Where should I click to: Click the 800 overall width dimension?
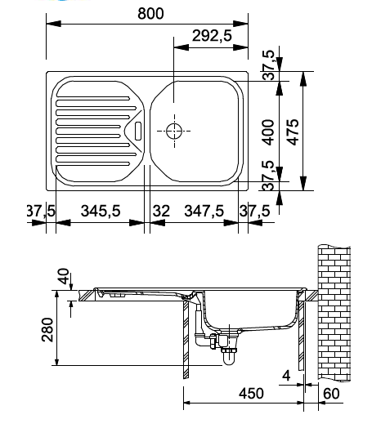coord(150,14)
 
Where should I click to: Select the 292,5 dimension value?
coord(212,36)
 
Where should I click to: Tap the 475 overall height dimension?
coord(293,132)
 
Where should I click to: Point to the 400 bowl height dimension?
coord(268,132)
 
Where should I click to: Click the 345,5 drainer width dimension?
coord(101,211)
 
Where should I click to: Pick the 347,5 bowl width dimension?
coord(204,211)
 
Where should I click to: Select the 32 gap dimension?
coord(161,211)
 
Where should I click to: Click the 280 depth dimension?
coord(47,330)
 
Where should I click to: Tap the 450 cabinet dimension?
coord(251,393)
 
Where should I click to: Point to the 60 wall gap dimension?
coord(331,394)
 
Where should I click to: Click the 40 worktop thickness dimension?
coord(64,276)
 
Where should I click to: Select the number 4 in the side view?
coord(286,376)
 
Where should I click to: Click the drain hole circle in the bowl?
coord(174,131)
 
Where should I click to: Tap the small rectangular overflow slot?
coord(138,131)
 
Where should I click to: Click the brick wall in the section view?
coord(334,312)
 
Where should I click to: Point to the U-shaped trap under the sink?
coord(229,357)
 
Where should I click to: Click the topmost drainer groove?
coord(93,98)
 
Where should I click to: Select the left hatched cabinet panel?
coord(186,339)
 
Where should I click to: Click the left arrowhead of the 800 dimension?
coord(53,24)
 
